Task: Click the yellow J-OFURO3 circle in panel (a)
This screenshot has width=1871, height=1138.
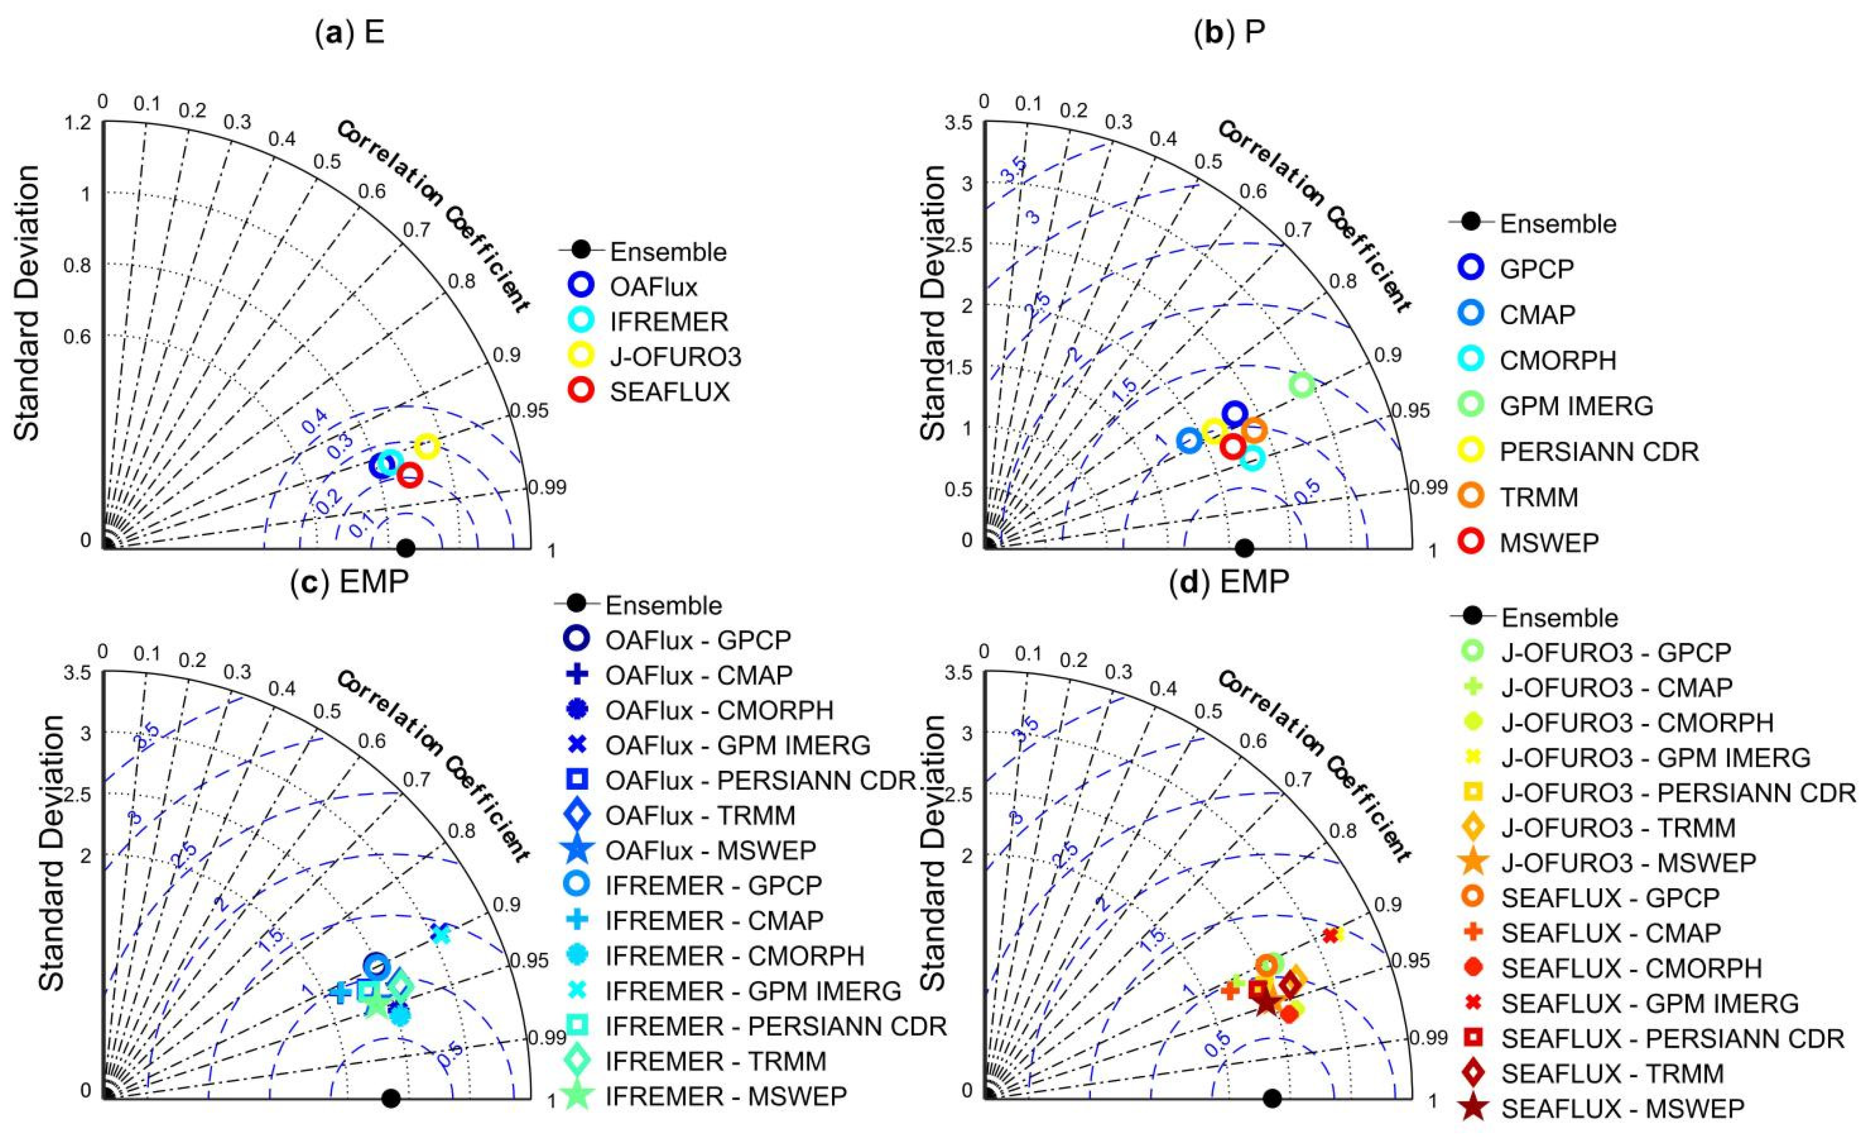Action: point(427,446)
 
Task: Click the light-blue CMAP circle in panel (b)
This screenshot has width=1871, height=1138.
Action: point(1189,440)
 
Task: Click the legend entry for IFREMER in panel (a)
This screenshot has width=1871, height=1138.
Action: point(668,321)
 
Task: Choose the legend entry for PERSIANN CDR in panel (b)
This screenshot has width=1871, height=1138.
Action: point(1598,451)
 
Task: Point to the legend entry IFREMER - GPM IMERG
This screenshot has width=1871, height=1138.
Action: point(752,991)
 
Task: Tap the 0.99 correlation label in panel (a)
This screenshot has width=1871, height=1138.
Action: point(547,487)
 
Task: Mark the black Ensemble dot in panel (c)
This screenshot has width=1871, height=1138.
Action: point(391,1098)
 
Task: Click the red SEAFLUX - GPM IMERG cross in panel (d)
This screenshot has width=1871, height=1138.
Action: point(1330,935)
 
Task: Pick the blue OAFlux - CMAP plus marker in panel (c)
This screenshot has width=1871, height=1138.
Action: point(341,991)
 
